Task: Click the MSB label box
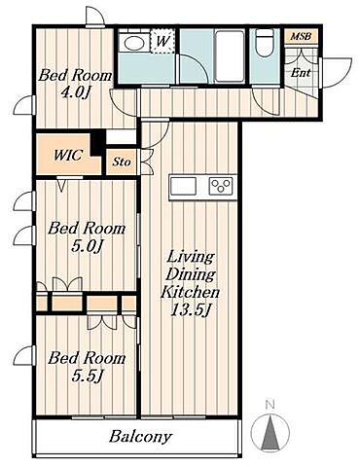click(301, 36)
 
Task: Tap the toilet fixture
click(265, 43)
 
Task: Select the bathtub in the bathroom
click(230, 55)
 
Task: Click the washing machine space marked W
click(162, 41)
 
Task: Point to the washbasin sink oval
click(133, 43)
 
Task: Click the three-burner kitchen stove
click(221, 186)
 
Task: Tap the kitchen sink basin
click(183, 186)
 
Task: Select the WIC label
click(68, 156)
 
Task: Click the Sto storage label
click(122, 162)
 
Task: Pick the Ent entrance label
click(301, 73)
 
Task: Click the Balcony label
click(140, 437)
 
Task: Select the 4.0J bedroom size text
click(75, 93)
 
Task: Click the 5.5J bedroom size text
click(87, 376)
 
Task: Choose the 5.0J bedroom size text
click(87, 246)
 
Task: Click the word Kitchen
click(191, 292)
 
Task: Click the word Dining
click(191, 275)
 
